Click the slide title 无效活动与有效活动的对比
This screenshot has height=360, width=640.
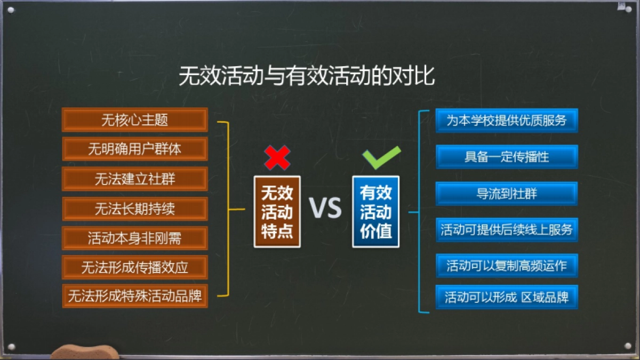coord(306,76)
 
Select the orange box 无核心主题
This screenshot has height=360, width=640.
coord(134,119)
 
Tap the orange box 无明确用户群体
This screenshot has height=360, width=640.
coord(134,149)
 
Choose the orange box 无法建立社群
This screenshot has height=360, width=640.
coord(134,179)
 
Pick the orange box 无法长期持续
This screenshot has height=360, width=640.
coord(134,209)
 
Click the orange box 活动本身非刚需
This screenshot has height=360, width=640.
coord(134,238)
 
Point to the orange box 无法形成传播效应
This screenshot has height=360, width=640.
coord(134,267)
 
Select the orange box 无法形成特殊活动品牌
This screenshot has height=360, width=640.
coord(134,296)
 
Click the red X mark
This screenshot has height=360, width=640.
coord(277,157)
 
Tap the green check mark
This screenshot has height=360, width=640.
coord(381,157)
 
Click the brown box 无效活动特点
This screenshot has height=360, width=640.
coord(277,212)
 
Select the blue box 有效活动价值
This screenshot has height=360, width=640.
coord(375,212)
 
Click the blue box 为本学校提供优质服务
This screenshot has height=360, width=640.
coord(506,121)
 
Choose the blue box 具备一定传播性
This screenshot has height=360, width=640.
coord(506,157)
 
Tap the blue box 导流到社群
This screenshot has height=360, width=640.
coord(506,194)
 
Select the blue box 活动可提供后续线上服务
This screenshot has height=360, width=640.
coord(506,230)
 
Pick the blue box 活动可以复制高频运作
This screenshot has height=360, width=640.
coord(506,266)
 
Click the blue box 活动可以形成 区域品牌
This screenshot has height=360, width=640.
coord(506,297)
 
